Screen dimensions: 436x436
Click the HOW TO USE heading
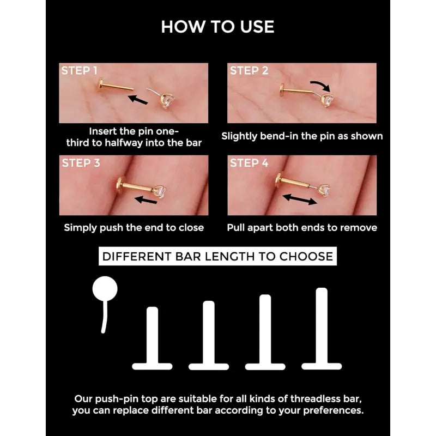pyautogui.click(x=217, y=27)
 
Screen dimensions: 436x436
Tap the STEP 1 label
pyautogui.click(x=79, y=71)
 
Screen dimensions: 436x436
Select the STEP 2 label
pyautogui.click(x=249, y=71)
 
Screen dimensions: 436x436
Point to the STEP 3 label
pyautogui.click(x=81, y=163)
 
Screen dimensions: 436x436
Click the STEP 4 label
pyautogui.click(x=249, y=163)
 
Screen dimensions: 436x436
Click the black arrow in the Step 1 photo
pyautogui.click(x=138, y=100)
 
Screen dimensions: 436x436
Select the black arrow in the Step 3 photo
pyautogui.click(x=146, y=200)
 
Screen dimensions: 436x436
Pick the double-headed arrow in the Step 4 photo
pyautogui.click(x=300, y=199)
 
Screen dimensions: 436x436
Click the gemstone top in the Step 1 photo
pyautogui.click(x=167, y=101)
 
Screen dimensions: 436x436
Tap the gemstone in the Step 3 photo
pyautogui.click(x=160, y=192)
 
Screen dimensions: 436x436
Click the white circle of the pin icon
pyautogui.click(x=105, y=289)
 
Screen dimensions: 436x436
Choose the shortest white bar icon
pyautogui.click(x=152, y=338)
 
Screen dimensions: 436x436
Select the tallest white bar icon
pyautogui.click(x=322, y=329)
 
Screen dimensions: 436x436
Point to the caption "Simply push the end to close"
pyautogui.click(x=134, y=228)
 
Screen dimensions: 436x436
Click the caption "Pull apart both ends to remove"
pyautogui.click(x=302, y=228)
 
